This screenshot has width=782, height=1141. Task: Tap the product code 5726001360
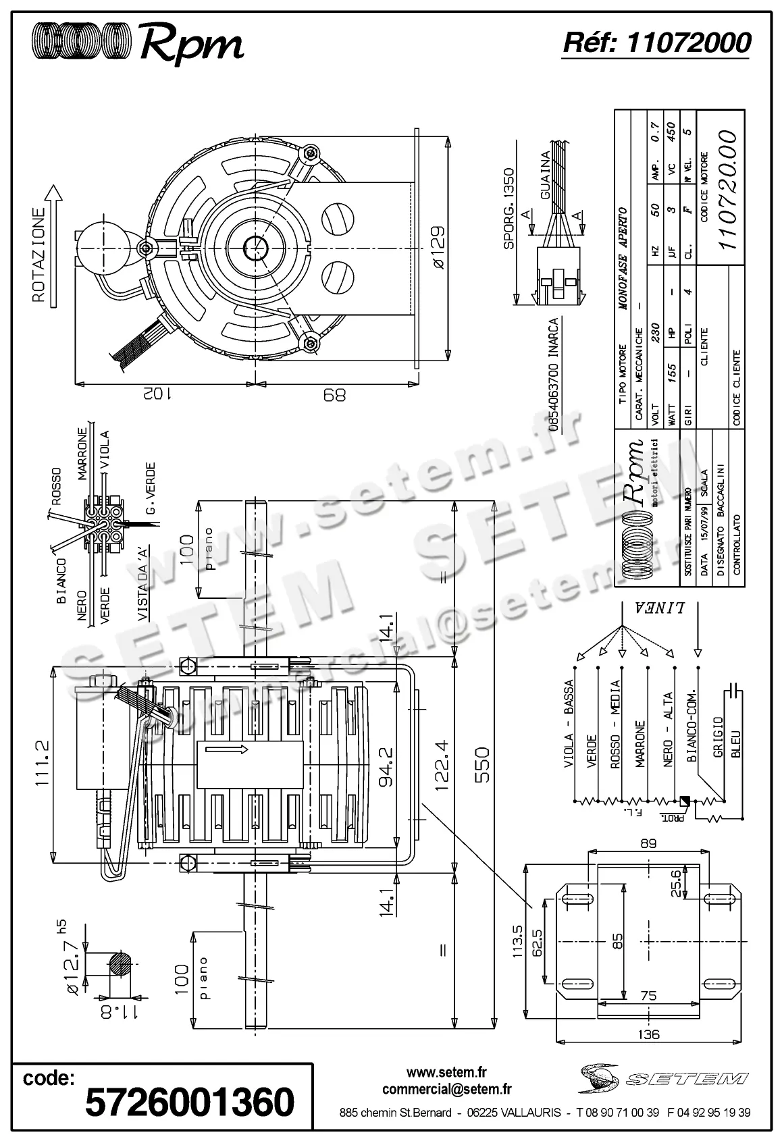[x=190, y=1103]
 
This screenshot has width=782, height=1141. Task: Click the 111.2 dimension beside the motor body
[x=42, y=762]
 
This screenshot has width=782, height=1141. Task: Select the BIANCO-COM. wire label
[x=691, y=726]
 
